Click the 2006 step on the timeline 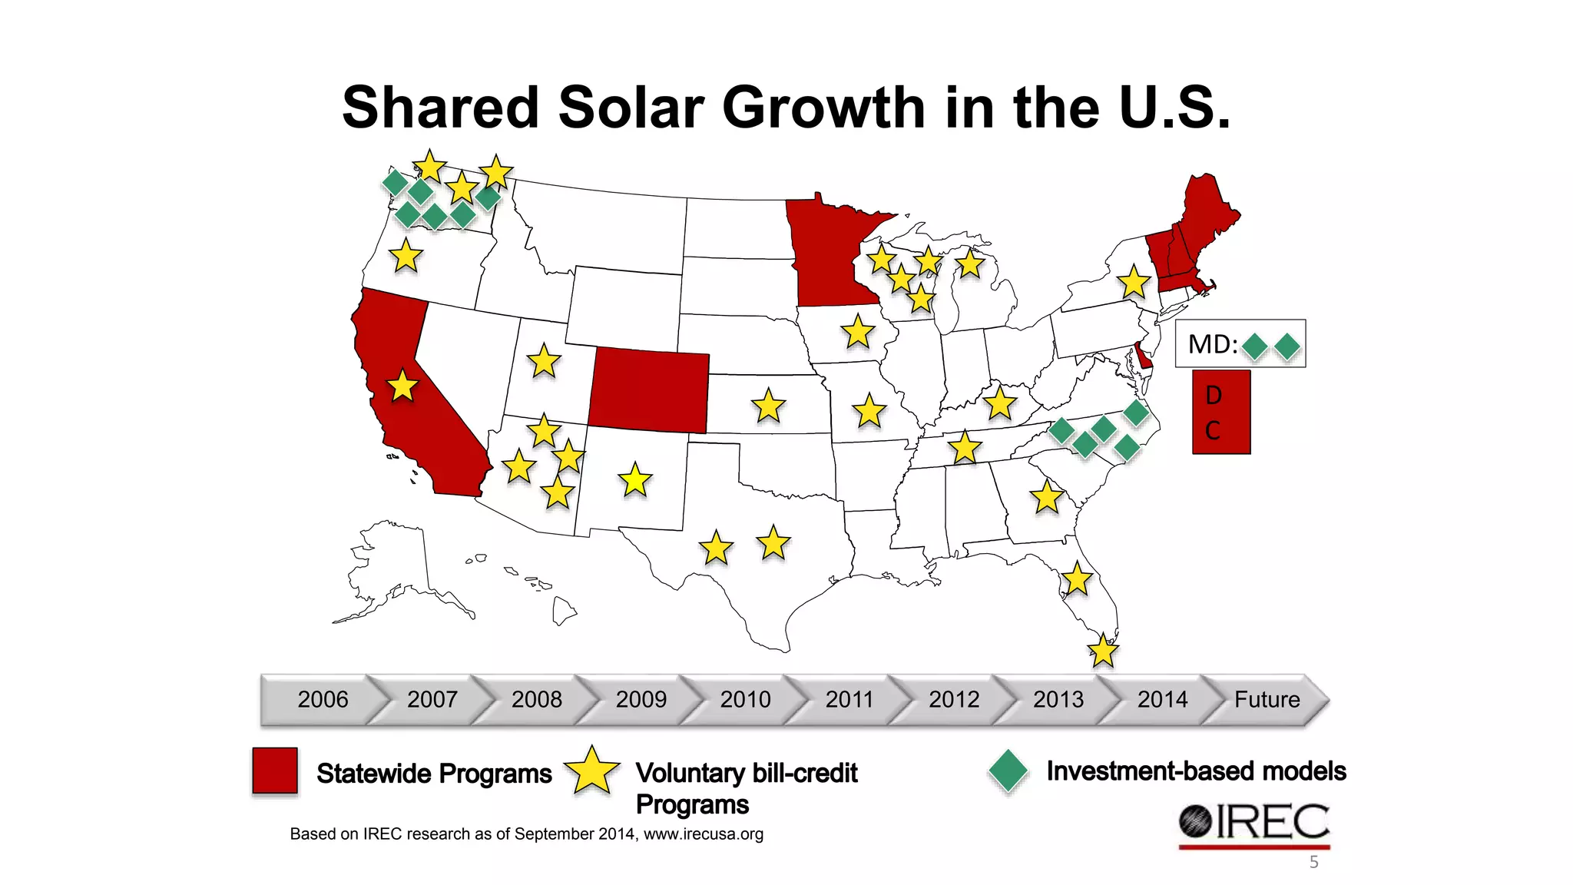pyautogui.click(x=323, y=699)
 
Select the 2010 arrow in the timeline pyautogui.click(x=745, y=699)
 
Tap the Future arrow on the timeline pyautogui.click(x=1267, y=699)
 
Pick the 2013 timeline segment pyautogui.click(x=1058, y=699)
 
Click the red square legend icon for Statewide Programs pyautogui.click(x=275, y=771)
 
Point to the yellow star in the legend pyautogui.click(x=591, y=771)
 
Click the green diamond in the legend pyautogui.click(x=1008, y=771)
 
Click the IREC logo pyautogui.click(x=1254, y=824)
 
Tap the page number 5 pyautogui.click(x=1313, y=862)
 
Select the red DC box pyautogui.click(x=1220, y=413)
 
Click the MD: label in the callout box pyautogui.click(x=1212, y=344)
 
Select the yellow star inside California pyautogui.click(x=402, y=386)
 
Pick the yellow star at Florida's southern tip pyautogui.click(x=1103, y=651)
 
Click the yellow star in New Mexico pyautogui.click(x=635, y=481)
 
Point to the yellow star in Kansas pyautogui.click(x=768, y=406)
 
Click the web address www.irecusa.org pyautogui.click(x=703, y=834)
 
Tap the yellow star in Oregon pyautogui.click(x=406, y=256)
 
